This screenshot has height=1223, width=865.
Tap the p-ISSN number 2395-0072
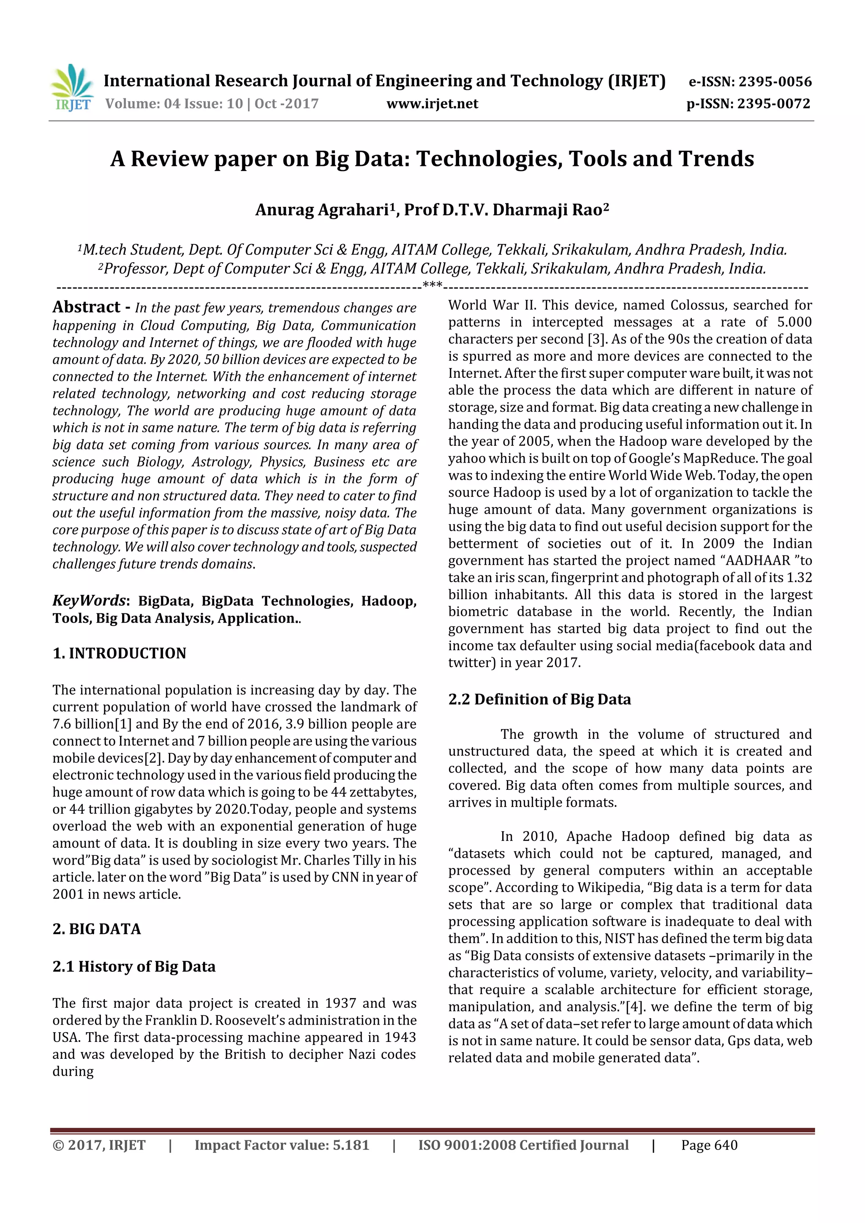[773, 103]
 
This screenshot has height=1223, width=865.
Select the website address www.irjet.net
[432, 103]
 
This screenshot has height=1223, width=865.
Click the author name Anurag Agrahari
[322, 210]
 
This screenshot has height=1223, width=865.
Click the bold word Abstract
[86, 307]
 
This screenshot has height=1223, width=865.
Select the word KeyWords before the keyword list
[88, 600]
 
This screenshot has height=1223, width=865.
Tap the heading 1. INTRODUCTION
[120, 653]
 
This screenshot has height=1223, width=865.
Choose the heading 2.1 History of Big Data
[134, 966]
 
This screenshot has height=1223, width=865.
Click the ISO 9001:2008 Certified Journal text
[523, 1145]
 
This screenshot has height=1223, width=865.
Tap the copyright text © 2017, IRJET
[99, 1145]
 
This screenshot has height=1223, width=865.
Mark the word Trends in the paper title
[716, 159]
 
